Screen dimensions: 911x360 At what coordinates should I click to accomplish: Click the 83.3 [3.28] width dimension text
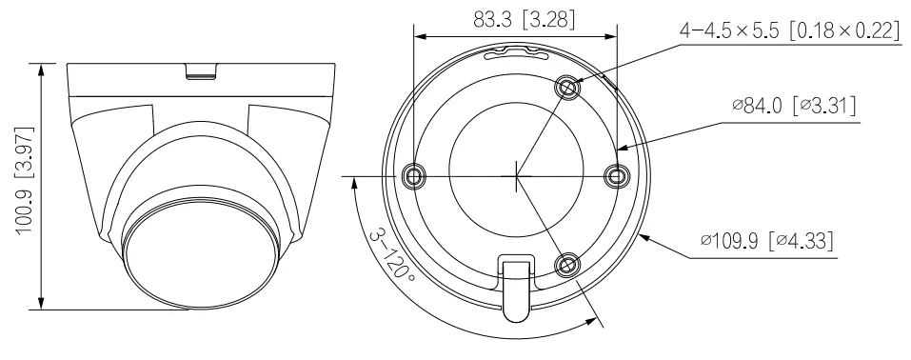tap(524, 20)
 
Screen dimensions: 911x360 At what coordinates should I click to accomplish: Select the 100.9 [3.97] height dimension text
tap(25, 180)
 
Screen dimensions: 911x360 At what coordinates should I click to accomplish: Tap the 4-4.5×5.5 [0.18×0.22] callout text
tap(789, 30)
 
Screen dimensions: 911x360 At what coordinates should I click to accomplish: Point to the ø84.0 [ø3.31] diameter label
tap(794, 106)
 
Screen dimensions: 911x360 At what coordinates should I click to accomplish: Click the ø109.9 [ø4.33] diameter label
tap(766, 240)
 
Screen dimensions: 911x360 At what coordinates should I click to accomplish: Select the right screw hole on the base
tap(616, 175)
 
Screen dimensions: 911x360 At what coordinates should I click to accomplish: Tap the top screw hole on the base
tap(567, 88)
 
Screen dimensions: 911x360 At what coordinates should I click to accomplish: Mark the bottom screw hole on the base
tap(567, 265)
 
